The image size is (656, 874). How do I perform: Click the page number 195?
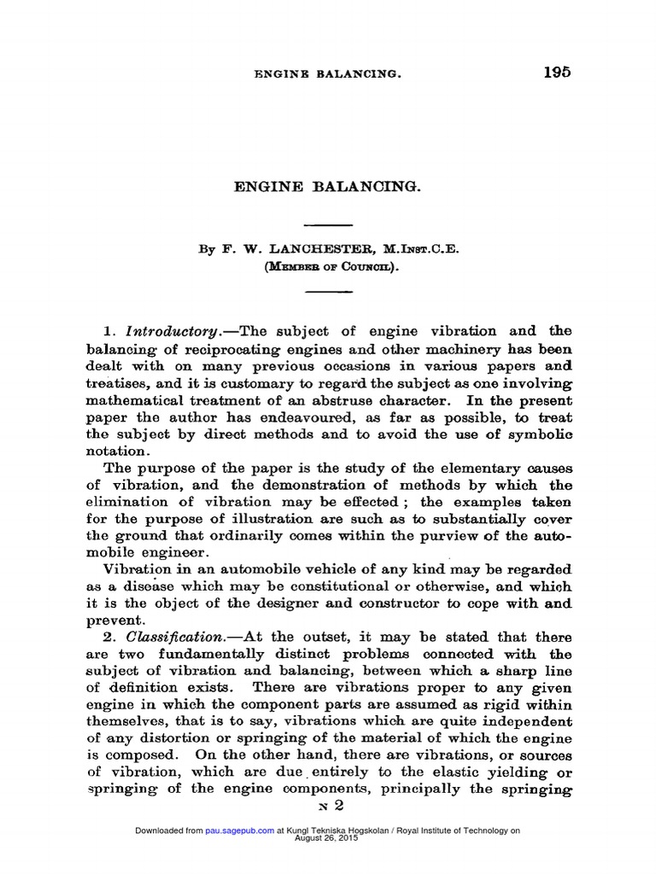point(556,72)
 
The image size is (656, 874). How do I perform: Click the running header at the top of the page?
point(328,74)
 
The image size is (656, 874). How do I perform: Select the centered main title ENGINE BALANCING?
point(328,185)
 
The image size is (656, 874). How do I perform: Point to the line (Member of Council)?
point(328,266)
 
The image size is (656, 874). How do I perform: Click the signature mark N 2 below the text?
point(328,807)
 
